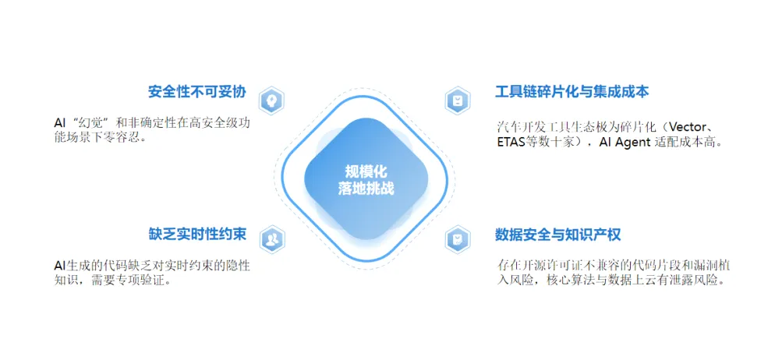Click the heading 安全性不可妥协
(x=196, y=92)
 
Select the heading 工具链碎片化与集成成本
(x=572, y=92)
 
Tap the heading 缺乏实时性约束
(x=196, y=234)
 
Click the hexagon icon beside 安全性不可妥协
(x=271, y=101)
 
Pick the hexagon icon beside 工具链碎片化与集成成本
(x=458, y=101)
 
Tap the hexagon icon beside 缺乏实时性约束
(x=271, y=239)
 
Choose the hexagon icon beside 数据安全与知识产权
(x=458, y=239)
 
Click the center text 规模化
(x=366, y=171)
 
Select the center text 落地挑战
(x=366, y=189)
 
